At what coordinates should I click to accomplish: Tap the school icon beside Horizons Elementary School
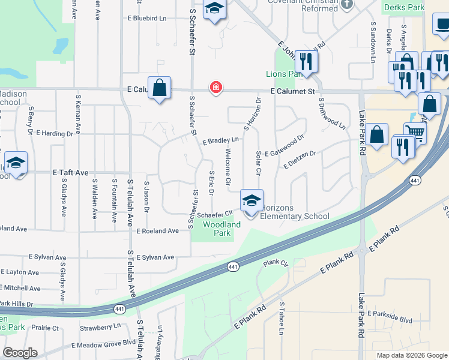click(251, 200)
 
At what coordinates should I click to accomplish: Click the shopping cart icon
click(414, 133)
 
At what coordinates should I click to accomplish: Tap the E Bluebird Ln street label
click(146, 19)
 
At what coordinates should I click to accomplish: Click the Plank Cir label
click(276, 263)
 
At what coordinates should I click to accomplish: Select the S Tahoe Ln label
click(282, 318)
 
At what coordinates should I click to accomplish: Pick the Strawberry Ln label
click(100, 327)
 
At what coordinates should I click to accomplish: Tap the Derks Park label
click(405, 8)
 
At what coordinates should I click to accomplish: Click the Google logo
click(20, 353)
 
